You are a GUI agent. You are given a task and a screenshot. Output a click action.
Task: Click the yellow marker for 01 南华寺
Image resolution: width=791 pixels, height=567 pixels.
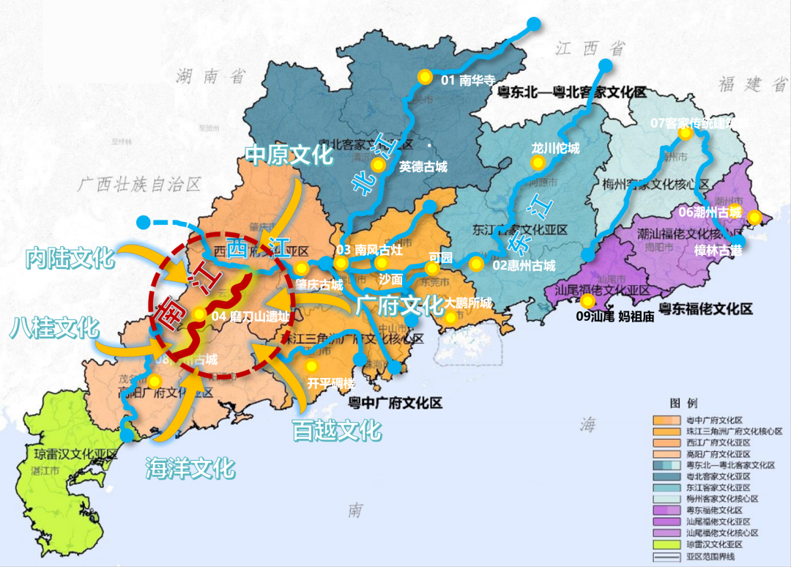coord(423,77)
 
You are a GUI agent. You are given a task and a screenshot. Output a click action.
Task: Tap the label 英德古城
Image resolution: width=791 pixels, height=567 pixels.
coord(423,167)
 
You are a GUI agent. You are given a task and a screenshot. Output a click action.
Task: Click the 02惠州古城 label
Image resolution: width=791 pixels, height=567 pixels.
coord(524,265)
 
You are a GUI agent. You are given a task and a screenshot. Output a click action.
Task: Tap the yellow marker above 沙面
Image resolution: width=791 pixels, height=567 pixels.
coord(381,263)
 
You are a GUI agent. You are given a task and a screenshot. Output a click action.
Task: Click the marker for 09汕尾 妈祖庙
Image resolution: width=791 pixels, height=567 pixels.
coord(587,301)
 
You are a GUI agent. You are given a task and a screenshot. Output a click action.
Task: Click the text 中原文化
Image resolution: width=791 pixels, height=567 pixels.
coord(289,155)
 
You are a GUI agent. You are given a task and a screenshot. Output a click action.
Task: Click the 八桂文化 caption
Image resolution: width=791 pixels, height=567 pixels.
coord(54,327)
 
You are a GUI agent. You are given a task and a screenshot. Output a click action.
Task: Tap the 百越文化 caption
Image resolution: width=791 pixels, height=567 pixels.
coord(336,429)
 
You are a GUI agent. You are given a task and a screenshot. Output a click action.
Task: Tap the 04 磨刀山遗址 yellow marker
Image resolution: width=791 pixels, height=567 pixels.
coord(199,315)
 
